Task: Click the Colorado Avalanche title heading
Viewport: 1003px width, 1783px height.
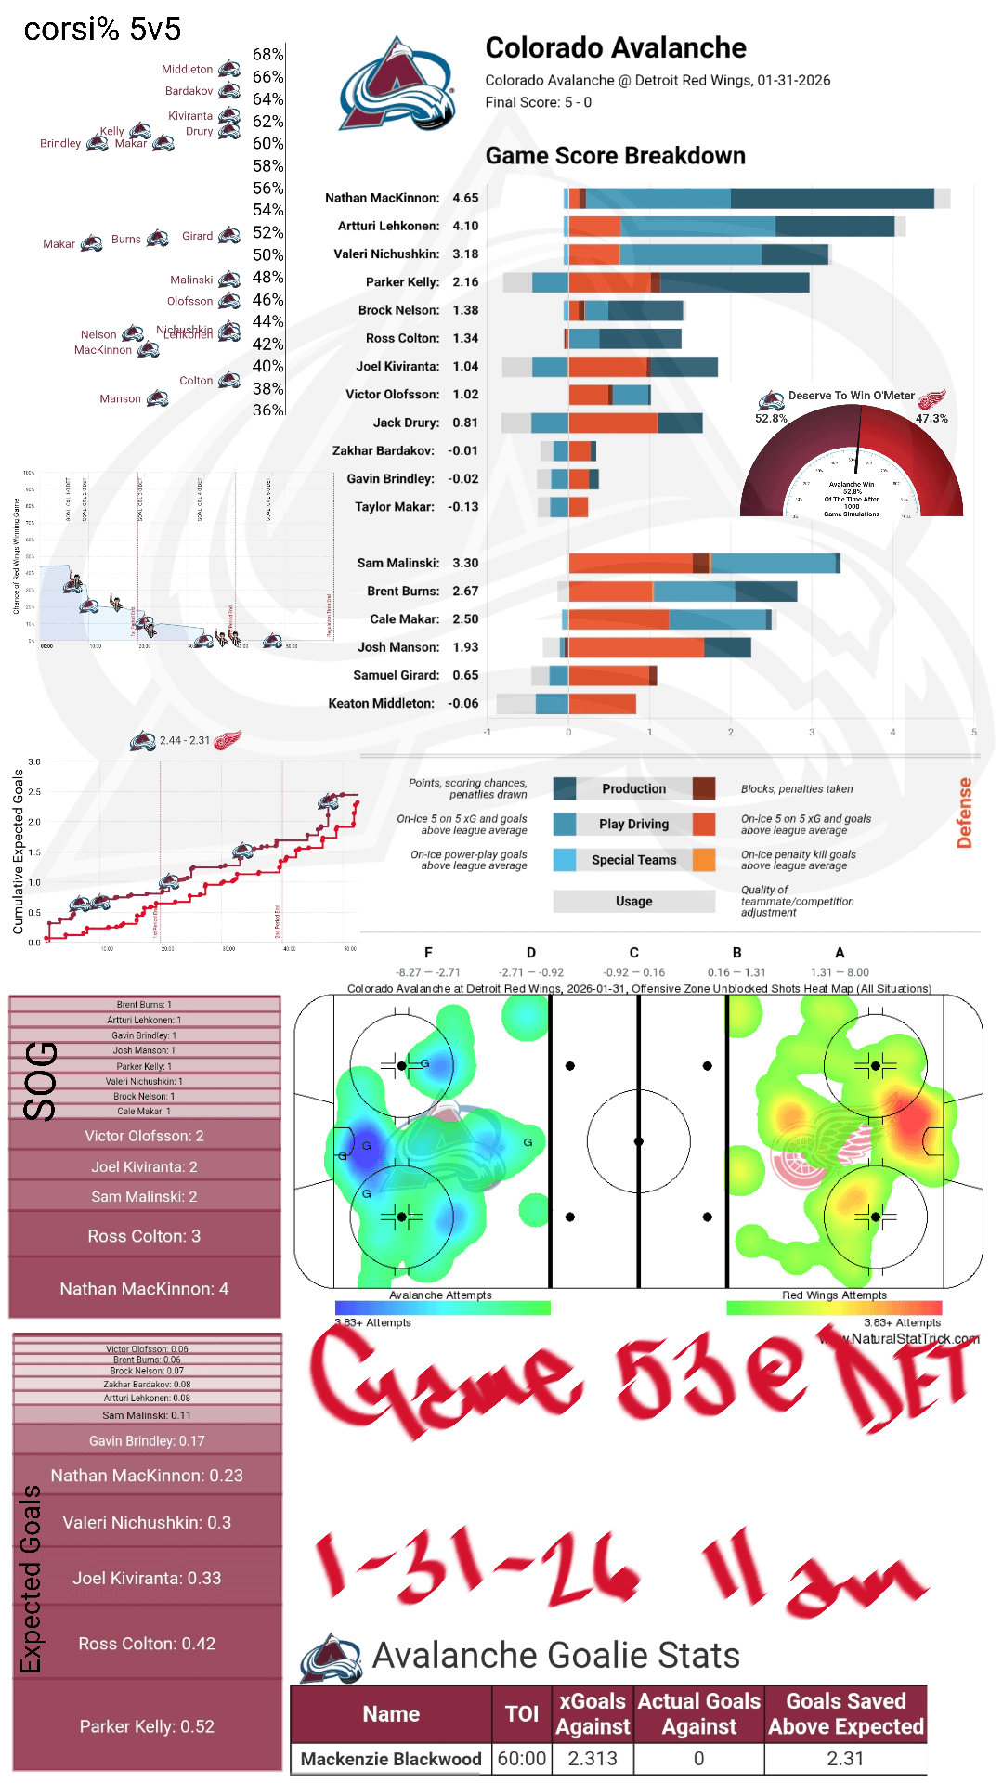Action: pyautogui.click(x=616, y=48)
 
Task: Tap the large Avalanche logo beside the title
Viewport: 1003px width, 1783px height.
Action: pyautogui.click(x=397, y=85)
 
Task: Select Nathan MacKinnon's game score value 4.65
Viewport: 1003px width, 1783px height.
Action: pyautogui.click(x=465, y=198)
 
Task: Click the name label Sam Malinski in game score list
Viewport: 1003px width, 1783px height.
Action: pyautogui.click(x=397, y=563)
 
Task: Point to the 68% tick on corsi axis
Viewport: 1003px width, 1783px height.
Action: pyautogui.click(x=268, y=55)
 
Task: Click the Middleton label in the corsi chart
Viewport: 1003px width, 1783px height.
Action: pyautogui.click(x=187, y=70)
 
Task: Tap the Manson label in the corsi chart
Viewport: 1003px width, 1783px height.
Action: pyautogui.click(x=120, y=399)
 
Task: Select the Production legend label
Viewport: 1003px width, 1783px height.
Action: pyautogui.click(x=633, y=789)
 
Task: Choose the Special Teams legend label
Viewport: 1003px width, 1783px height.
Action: pyautogui.click(x=633, y=860)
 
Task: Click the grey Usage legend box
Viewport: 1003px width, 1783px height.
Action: pyautogui.click(x=633, y=901)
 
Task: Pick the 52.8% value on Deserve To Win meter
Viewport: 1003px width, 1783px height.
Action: pyautogui.click(x=771, y=419)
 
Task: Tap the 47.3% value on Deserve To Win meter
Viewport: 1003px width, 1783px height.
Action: pyautogui.click(x=931, y=419)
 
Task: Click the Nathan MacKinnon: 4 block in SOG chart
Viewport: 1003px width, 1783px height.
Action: pyautogui.click(x=144, y=1289)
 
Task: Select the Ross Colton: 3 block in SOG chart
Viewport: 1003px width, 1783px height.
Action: pyautogui.click(x=144, y=1236)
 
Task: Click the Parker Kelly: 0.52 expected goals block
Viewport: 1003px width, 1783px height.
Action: pyautogui.click(x=147, y=1726)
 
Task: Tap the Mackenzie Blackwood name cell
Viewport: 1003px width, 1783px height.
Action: pyautogui.click(x=391, y=1759)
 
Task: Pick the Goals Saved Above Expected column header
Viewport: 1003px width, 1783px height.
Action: pyautogui.click(x=845, y=1713)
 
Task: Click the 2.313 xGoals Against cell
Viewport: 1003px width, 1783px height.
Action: pyautogui.click(x=593, y=1759)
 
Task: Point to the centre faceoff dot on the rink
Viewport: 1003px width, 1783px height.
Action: pyautogui.click(x=638, y=1141)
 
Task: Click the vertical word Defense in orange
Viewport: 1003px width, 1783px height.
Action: pyautogui.click(x=965, y=813)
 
